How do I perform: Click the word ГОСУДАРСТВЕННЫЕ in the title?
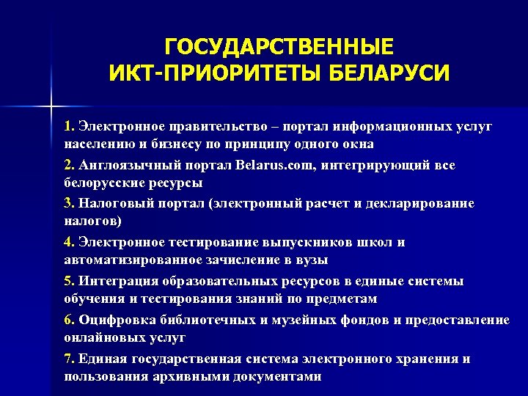click(x=279, y=46)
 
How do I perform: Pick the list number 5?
click(x=68, y=282)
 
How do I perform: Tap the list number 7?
click(x=68, y=359)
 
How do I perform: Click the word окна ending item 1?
click(x=358, y=144)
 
